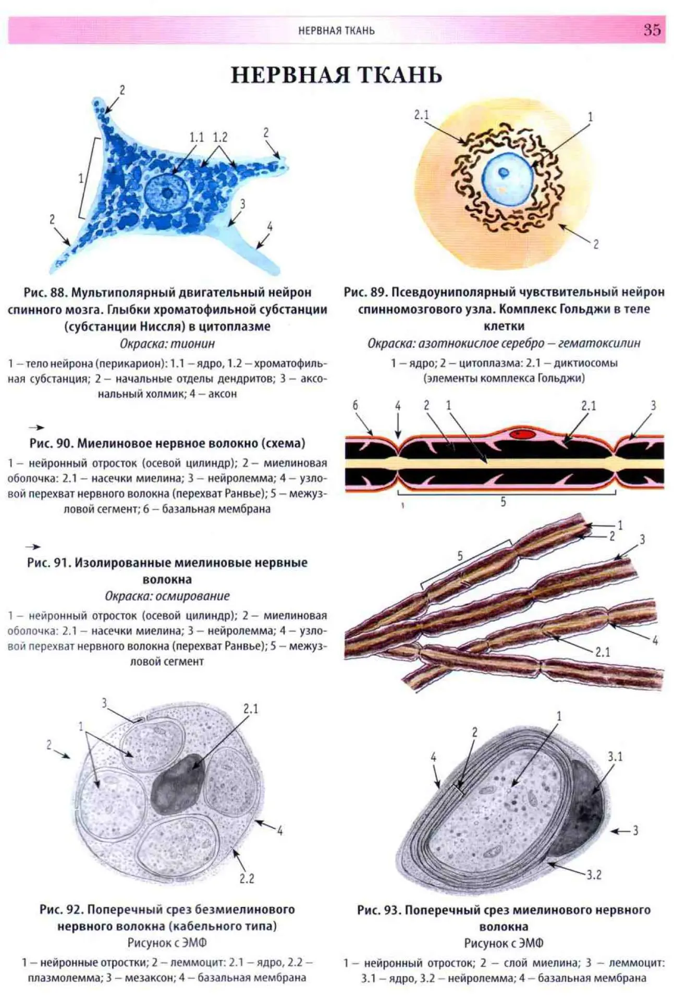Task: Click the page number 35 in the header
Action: coord(652,30)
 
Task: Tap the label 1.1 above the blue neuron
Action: coord(197,137)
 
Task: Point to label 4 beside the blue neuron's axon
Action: coord(269,226)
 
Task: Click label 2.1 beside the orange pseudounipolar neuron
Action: coord(421,114)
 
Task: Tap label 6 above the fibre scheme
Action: coord(356,405)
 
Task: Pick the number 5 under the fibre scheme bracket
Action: coord(503,502)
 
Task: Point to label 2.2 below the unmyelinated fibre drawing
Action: coord(247,878)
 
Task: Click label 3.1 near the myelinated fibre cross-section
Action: coord(615,756)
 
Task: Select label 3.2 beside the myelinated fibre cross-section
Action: coord(594,874)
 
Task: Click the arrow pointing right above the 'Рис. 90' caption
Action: coord(36,428)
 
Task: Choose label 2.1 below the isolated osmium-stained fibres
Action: coord(603,652)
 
